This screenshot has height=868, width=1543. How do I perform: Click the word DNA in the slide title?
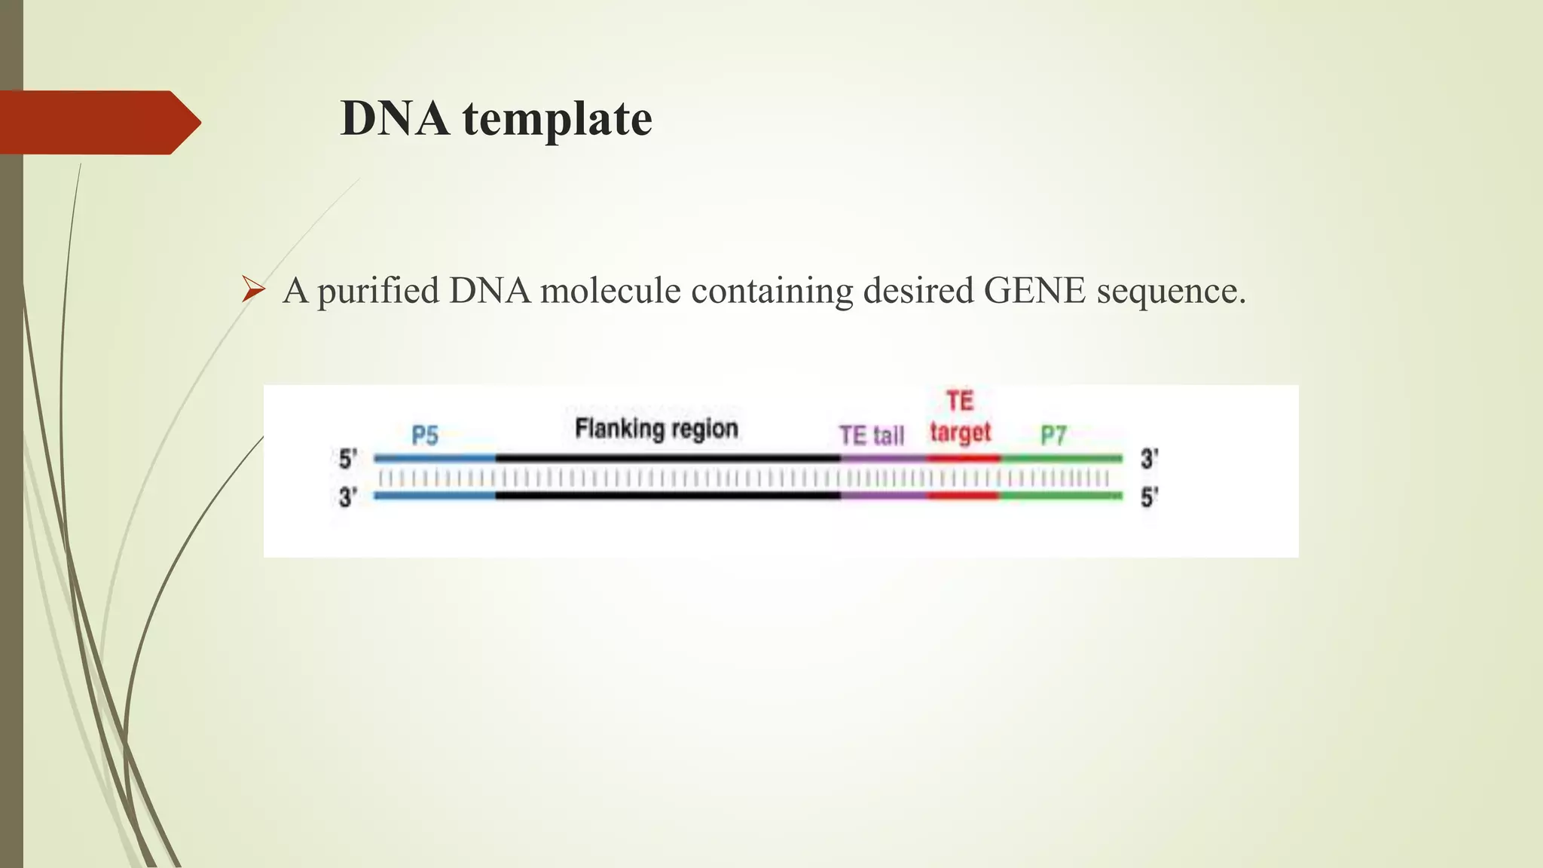(395, 119)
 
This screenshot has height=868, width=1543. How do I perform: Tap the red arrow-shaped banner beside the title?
(98, 122)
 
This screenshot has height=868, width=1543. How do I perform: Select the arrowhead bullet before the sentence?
(253, 290)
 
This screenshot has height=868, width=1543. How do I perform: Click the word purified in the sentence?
(378, 292)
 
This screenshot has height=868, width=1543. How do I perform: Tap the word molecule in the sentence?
(610, 290)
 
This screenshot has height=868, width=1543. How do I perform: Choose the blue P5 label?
(425, 436)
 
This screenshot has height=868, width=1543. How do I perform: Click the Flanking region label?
(656, 429)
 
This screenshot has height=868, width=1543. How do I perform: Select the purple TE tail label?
(872, 436)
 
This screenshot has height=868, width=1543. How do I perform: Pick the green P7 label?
(1053, 436)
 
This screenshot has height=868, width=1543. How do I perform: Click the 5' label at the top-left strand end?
(347, 459)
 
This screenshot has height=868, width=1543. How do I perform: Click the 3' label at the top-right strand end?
(1149, 459)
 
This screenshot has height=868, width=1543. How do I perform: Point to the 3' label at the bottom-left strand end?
(347, 497)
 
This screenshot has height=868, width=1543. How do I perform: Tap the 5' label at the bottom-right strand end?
(1149, 497)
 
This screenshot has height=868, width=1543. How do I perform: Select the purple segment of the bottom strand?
(884, 496)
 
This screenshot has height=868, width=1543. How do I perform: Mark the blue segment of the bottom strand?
(435, 496)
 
